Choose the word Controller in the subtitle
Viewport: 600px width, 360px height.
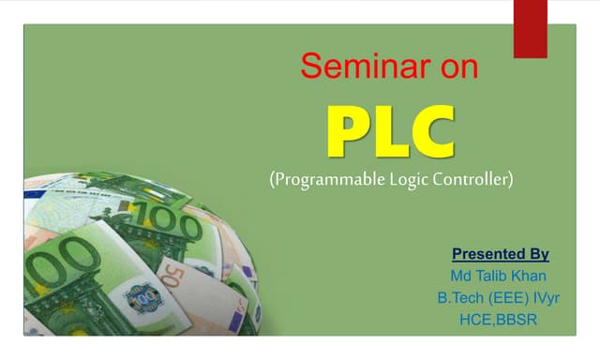(x=474, y=178)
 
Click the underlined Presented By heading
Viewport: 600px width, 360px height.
(x=500, y=254)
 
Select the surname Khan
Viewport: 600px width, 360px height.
(x=533, y=277)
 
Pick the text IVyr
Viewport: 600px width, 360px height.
(x=542, y=299)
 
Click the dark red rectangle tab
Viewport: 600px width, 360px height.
(x=530, y=26)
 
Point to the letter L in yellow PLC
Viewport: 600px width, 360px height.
(x=392, y=134)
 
